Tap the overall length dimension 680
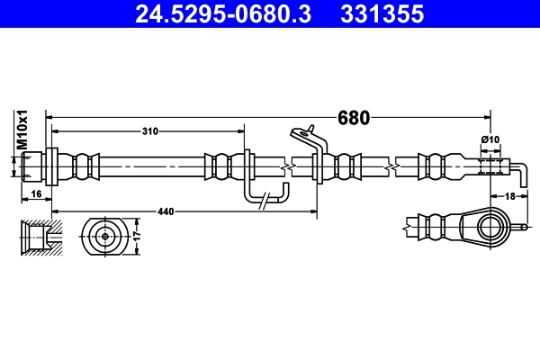[x=352, y=117]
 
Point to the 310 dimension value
[x=149, y=131]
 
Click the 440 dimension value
[x=166, y=211]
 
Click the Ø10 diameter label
[x=489, y=139]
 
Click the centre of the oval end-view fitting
[x=105, y=237]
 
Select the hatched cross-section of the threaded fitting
[x=37, y=236]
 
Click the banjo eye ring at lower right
[x=490, y=224]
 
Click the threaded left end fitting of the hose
[x=34, y=166]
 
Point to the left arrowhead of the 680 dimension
[x=50, y=117]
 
